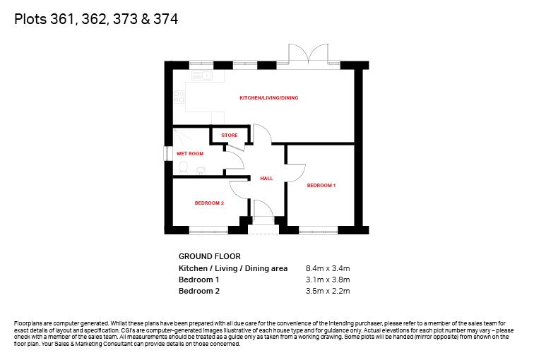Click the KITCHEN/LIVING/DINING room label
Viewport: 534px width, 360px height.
268,98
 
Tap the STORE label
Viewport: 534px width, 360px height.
229,135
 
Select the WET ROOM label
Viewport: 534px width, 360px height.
190,154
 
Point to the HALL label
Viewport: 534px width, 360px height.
266,179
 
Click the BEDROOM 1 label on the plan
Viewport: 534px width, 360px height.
321,186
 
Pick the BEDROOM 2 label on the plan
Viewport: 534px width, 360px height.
209,203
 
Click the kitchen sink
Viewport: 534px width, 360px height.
202,76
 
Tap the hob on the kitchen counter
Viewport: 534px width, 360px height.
179,97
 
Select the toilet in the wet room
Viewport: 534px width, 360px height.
183,167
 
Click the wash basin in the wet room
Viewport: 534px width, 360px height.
201,171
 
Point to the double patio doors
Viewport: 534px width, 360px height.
308,54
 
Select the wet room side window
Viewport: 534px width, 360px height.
166,153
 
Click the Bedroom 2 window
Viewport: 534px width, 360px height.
208,232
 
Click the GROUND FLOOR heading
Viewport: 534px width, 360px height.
210,256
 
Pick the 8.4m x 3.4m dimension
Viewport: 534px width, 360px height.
328,268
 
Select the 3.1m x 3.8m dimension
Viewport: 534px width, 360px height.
328,280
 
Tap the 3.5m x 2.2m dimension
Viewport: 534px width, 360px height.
328,291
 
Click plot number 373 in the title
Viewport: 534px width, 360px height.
125,19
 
